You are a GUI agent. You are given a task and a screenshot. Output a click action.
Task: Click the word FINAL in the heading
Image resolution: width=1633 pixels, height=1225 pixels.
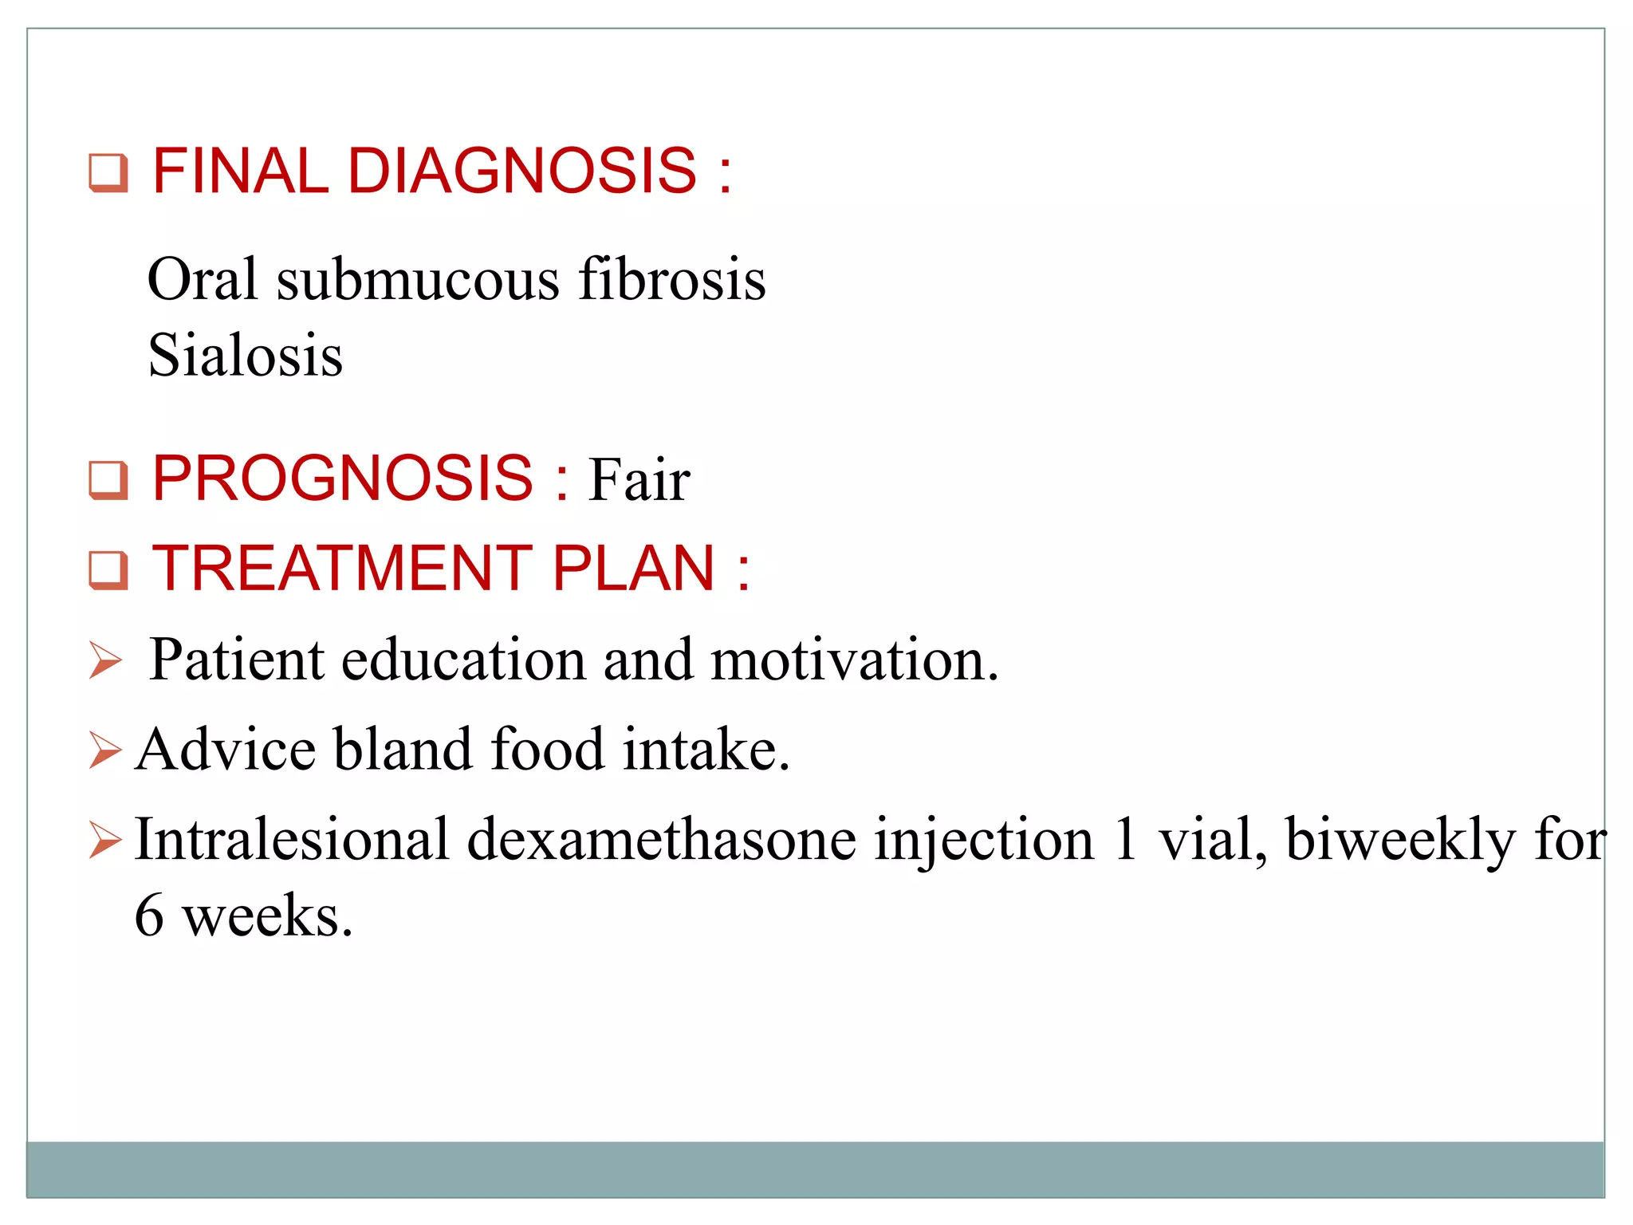pyautogui.click(x=239, y=171)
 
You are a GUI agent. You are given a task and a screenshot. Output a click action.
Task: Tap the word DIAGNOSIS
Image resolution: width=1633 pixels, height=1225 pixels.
pyautogui.click(x=522, y=171)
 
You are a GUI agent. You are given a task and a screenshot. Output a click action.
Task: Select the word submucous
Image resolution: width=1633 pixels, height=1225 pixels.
pyautogui.click(x=418, y=280)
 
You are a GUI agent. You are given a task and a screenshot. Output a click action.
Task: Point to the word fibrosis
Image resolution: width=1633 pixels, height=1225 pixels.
pyautogui.click(x=671, y=280)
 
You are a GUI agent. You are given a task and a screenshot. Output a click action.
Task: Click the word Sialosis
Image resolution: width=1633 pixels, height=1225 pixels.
pyautogui.click(x=245, y=355)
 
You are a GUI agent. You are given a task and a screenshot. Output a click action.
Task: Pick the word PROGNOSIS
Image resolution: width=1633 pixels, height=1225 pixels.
pyautogui.click(x=343, y=479)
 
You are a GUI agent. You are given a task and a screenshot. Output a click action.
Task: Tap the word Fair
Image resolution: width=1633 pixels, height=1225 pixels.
pyautogui.click(x=639, y=480)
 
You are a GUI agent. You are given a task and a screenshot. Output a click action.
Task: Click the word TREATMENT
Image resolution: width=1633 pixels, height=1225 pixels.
pyautogui.click(x=343, y=568)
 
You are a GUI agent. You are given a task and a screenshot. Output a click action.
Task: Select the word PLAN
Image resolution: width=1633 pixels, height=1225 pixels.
pyautogui.click(x=634, y=568)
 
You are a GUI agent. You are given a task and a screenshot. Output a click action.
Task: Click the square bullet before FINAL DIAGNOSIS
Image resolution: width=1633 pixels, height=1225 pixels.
pyautogui.click(x=108, y=172)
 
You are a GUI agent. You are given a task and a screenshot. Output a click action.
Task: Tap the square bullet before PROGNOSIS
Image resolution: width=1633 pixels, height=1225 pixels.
pyautogui.click(x=108, y=480)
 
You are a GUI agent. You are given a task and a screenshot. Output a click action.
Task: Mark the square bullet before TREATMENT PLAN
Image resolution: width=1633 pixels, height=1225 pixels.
pyautogui.click(x=108, y=570)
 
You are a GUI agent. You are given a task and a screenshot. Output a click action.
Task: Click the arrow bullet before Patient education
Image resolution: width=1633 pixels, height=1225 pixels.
pyautogui.click(x=105, y=660)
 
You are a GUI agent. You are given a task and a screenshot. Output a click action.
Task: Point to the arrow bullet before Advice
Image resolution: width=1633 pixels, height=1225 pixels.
pyautogui.click(x=105, y=750)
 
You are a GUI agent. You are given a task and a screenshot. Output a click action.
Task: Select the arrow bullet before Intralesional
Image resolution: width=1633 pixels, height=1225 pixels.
pyautogui.click(x=105, y=840)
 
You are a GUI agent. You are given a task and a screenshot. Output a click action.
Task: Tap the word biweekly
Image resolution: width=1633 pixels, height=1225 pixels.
pyautogui.click(x=1400, y=841)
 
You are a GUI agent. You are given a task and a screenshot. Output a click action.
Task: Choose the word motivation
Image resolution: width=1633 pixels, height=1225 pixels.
pyautogui.click(x=854, y=660)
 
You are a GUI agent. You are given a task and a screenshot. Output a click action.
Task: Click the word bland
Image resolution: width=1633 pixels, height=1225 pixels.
pyautogui.click(x=403, y=750)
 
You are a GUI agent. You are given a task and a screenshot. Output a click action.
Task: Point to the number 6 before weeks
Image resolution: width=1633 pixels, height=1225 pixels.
pyautogui.click(x=149, y=916)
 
